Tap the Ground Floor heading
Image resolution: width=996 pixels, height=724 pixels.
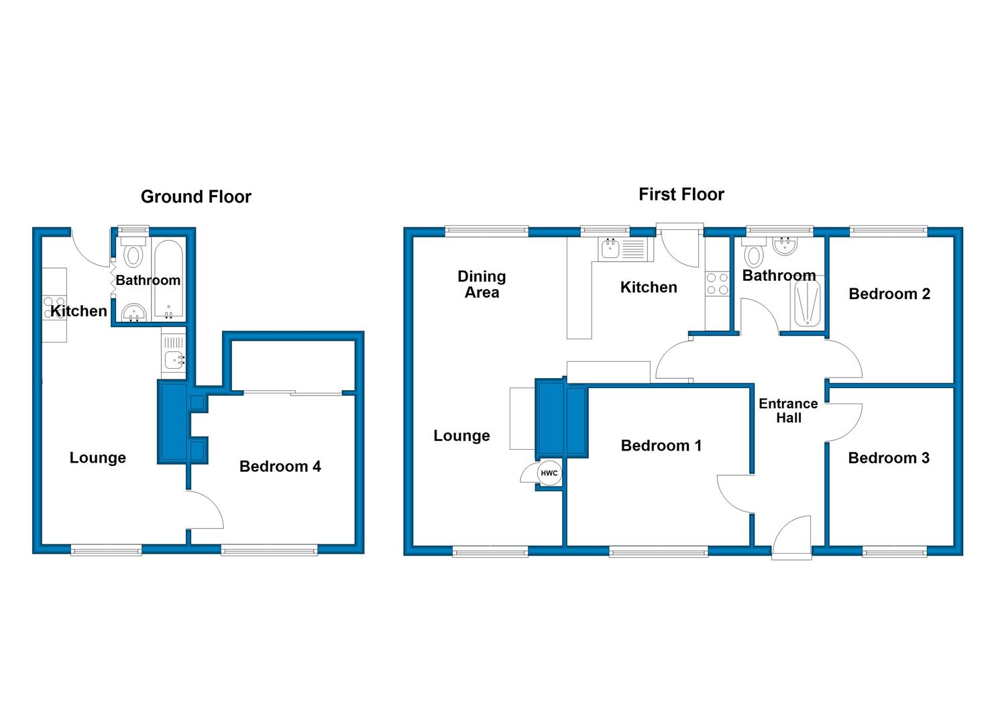click(x=196, y=196)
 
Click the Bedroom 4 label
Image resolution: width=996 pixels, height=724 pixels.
click(x=280, y=466)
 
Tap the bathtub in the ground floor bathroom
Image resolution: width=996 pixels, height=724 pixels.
click(x=168, y=280)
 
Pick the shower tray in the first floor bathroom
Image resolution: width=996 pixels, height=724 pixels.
click(x=808, y=302)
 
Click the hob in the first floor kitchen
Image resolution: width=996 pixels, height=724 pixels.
click(x=717, y=284)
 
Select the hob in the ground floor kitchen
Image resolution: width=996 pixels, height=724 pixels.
click(x=54, y=308)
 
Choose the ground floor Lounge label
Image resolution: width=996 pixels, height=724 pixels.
click(x=98, y=458)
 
